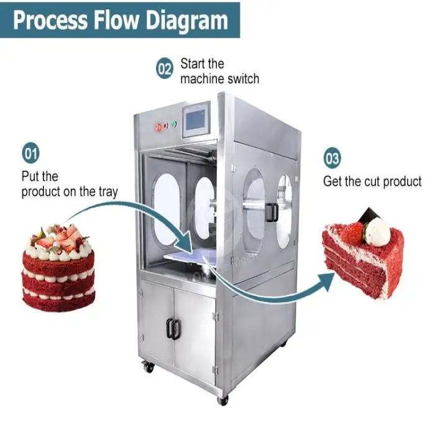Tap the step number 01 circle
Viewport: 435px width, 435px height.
(x=30, y=152)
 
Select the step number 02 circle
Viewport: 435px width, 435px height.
(x=164, y=70)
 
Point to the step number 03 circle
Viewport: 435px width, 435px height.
(x=332, y=158)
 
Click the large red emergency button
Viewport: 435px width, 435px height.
(x=158, y=127)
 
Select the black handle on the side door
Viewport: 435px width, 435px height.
(x=272, y=212)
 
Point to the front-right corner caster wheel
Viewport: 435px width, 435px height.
(x=222, y=400)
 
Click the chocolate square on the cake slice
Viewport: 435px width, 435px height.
(x=369, y=216)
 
